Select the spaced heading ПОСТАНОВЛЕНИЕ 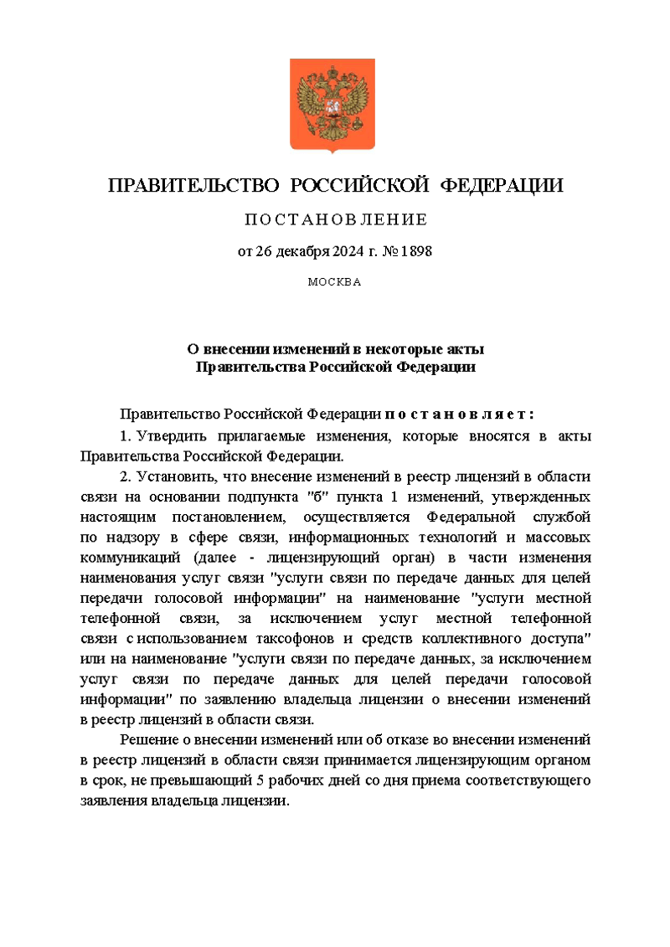point(335,220)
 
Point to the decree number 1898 point(415,250)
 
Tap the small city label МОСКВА point(334,282)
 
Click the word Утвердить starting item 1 point(173,436)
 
